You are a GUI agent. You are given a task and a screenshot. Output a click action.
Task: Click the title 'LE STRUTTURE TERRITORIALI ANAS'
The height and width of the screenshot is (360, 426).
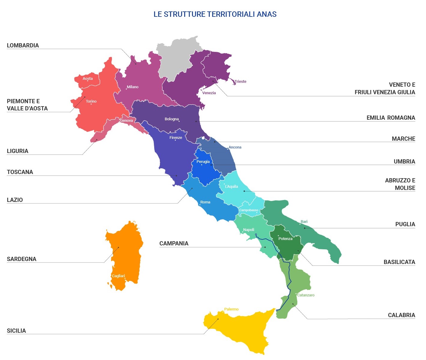(x=215, y=14)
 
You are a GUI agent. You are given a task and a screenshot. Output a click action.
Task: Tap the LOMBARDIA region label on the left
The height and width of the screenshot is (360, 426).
(x=23, y=45)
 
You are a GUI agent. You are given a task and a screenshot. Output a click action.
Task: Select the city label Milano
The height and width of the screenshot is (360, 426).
(x=132, y=87)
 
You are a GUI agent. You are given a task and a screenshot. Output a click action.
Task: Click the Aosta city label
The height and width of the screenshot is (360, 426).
(x=88, y=79)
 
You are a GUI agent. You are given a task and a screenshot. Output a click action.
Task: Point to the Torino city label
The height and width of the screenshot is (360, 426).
(x=91, y=101)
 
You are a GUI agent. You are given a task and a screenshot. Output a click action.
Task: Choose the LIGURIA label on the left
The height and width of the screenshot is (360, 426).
(x=17, y=151)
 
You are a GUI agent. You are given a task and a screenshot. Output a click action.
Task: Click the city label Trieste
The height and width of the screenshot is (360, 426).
(x=240, y=82)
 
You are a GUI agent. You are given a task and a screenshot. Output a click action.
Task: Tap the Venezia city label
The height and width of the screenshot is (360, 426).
(x=209, y=93)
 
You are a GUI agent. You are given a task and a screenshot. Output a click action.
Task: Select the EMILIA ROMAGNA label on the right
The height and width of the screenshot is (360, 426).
(x=391, y=118)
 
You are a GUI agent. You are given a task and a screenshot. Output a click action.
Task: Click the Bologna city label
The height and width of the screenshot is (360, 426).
(x=172, y=119)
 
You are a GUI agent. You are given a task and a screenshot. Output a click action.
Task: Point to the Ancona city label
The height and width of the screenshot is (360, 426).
(x=235, y=147)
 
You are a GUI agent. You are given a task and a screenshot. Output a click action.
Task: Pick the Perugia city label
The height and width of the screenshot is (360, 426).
(x=203, y=162)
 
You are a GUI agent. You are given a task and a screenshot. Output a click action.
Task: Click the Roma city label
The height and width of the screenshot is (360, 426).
(x=205, y=202)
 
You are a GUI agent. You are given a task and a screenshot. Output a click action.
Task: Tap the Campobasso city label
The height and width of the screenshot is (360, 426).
(x=248, y=210)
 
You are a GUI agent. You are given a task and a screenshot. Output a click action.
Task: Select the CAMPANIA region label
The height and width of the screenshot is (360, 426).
(x=174, y=243)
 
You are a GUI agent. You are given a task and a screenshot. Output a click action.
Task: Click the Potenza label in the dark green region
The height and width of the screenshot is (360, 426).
(x=285, y=239)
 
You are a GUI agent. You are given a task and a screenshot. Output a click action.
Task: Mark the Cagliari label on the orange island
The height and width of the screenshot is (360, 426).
(x=118, y=276)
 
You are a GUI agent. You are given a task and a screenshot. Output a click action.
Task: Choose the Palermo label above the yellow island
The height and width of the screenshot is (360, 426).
(x=231, y=309)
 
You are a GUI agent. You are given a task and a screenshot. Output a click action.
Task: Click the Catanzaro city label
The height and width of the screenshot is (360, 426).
(x=306, y=295)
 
